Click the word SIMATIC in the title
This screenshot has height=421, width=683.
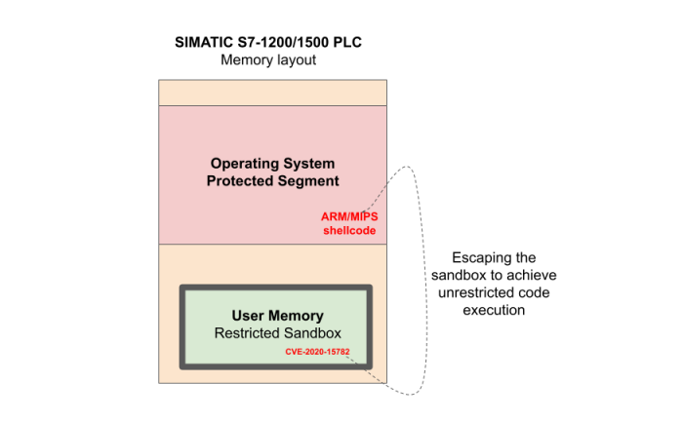click(200, 43)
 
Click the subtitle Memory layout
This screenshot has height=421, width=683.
click(269, 60)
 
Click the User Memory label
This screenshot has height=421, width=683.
click(278, 316)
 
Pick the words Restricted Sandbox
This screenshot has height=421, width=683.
click(278, 334)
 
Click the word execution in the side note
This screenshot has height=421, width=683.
click(494, 311)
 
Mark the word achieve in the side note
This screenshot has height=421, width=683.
click(534, 276)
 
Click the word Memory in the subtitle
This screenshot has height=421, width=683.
click(247, 60)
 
